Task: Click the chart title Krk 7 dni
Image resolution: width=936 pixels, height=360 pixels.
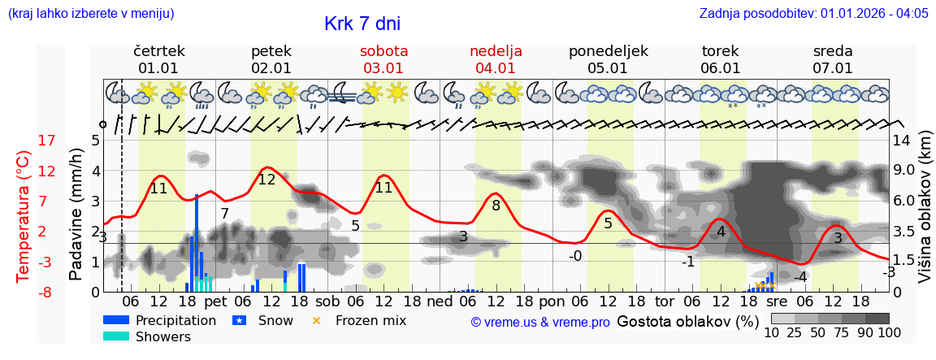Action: [362, 24]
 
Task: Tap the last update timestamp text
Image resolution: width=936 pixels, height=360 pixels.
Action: [813, 14]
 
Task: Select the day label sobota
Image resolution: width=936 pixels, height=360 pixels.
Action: [384, 51]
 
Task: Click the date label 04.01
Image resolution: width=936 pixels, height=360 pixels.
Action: [496, 68]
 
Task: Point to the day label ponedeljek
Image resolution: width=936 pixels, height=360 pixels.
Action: [609, 51]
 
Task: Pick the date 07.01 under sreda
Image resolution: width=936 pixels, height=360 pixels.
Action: [833, 68]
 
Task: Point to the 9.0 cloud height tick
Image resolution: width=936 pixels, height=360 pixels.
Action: [904, 171]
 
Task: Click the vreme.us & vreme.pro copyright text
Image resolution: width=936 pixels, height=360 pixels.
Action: [540, 322]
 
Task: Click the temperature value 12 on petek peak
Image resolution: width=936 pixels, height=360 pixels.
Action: [266, 180]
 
